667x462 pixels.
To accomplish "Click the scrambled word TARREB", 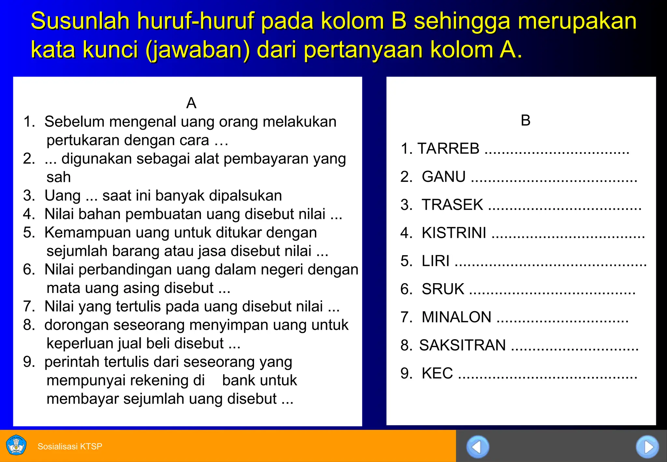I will [448, 149].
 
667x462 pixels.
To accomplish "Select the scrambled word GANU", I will [444, 177].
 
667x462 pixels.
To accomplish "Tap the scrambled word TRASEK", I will [452, 205].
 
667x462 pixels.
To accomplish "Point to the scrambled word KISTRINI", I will [454, 233].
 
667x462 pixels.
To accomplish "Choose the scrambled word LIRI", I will [435, 261].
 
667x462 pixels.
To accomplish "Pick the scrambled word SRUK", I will [443, 289].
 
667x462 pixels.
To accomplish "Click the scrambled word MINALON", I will [456, 317].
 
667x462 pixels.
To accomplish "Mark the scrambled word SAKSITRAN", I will [462, 345].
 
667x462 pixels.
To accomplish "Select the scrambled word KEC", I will [437, 373].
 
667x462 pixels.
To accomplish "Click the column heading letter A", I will [191, 103].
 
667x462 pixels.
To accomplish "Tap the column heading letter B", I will [525, 121].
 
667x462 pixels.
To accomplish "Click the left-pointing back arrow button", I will [477, 447].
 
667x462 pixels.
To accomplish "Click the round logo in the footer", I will [16, 445].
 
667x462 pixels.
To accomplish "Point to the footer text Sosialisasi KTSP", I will [70, 446].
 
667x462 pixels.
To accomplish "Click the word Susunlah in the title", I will [80, 21].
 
